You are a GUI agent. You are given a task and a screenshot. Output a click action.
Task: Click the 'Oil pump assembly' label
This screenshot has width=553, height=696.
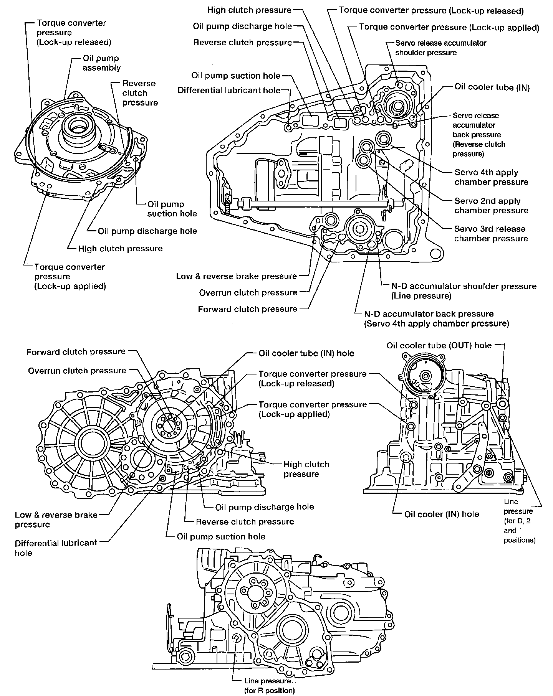[x=101, y=63]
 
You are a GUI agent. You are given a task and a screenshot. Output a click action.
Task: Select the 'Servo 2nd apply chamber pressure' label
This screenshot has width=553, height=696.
[x=491, y=206]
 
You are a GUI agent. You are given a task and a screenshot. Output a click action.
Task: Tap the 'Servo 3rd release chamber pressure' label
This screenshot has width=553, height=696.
[x=491, y=234]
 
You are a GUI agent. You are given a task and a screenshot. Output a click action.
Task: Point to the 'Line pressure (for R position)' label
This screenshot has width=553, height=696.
[x=269, y=686]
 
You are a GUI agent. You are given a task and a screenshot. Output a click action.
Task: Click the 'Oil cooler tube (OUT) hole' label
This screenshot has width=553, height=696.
[x=439, y=345]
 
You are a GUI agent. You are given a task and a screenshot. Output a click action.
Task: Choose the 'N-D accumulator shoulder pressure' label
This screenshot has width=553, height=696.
[x=464, y=286]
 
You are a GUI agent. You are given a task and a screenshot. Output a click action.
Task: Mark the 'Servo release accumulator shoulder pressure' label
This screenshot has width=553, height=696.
[x=440, y=48]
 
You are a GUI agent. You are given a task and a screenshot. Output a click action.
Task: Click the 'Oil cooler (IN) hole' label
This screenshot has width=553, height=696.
[x=442, y=514]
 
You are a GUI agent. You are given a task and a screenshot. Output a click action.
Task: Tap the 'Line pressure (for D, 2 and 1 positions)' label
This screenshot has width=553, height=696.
[x=519, y=521]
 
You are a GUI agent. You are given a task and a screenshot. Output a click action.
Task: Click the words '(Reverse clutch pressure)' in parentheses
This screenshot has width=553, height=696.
[x=479, y=149]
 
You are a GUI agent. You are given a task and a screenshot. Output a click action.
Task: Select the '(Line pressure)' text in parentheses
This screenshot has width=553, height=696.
[x=421, y=296]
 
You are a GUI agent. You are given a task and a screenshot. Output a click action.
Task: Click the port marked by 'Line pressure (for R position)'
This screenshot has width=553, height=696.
[x=237, y=638]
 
